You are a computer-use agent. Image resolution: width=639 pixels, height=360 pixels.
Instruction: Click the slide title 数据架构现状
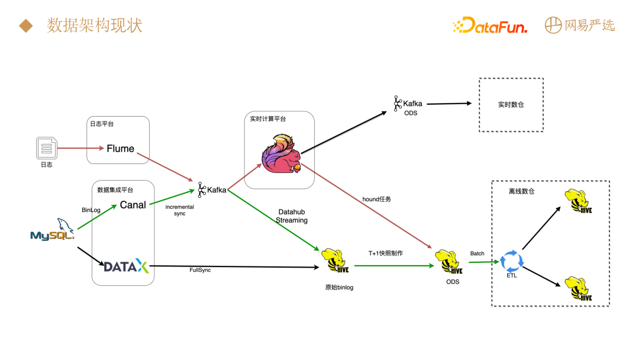point(95,25)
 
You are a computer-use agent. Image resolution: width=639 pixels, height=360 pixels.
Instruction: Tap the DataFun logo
point(489,25)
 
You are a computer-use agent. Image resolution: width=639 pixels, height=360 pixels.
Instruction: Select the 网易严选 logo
point(580,25)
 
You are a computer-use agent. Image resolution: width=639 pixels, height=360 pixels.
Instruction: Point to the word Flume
point(120,149)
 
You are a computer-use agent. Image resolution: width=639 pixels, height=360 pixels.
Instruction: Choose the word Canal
point(133,205)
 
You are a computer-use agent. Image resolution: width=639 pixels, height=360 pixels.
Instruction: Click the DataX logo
point(126,266)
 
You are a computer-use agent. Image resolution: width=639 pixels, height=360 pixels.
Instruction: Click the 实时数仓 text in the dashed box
point(511,105)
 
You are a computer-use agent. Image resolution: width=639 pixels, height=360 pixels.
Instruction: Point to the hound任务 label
point(376,200)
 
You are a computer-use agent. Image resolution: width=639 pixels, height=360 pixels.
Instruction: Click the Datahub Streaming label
point(292,216)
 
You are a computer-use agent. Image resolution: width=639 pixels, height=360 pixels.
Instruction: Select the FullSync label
point(200,270)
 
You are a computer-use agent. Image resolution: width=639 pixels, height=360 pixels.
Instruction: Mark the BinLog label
point(91,210)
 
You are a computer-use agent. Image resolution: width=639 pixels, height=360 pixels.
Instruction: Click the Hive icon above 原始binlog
point(333,261)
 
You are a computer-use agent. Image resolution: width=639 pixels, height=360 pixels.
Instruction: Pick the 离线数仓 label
point(521,191)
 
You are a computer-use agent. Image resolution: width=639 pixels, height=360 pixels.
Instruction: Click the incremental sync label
point(179,210)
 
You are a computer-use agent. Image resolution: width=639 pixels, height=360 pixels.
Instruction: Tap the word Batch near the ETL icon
point(477,253)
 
